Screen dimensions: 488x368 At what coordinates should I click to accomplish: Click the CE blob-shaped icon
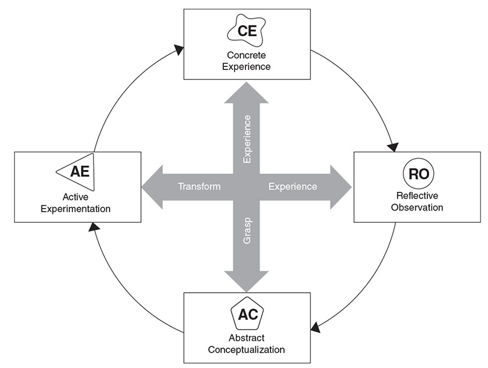click(247, 31)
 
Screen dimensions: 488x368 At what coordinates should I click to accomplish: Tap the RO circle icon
click(418, 173)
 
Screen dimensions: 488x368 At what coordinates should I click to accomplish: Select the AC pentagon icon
click(247, 314)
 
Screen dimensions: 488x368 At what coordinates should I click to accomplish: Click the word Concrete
click(247, 55)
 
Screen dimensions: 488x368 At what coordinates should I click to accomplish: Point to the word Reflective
click(417, 195)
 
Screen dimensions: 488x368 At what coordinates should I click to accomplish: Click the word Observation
click(417, 208)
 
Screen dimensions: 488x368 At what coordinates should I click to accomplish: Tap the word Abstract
click(247, 338)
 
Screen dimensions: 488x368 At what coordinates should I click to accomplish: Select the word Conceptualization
click(246, 350)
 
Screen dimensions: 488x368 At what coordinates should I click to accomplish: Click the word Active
click(75, 197)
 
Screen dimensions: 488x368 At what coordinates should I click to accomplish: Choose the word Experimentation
click(76, 209)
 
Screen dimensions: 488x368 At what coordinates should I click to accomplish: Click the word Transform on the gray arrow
click(199, 187)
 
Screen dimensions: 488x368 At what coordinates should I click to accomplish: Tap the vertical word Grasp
click(247, 231)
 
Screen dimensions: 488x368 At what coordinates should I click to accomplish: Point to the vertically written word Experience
click(247, 139)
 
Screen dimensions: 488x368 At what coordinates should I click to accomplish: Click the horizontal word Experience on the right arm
click(293, 187)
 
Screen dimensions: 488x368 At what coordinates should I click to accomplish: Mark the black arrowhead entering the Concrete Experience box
click(178, 50)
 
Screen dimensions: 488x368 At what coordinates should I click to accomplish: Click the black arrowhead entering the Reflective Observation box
click(393, 147)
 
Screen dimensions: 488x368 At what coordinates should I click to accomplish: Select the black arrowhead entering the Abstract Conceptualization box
click(315, 327)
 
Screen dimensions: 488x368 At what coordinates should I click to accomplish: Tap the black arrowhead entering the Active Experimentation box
click(94, 227)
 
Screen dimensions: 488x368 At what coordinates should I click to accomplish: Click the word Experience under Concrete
click(246, 66)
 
